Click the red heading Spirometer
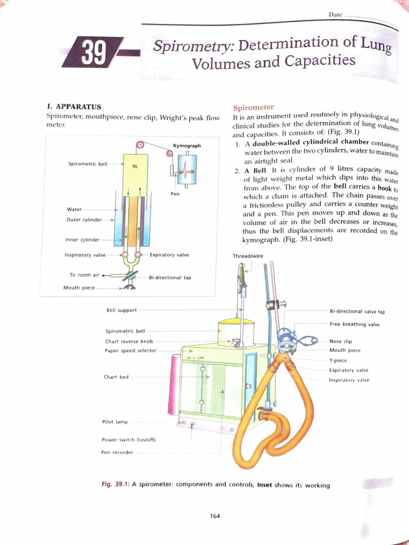[x=253, y=107]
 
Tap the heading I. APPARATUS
[x=71, y=106]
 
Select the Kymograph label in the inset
[x=187, y=145]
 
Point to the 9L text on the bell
[x=135, y=166]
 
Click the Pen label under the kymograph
[x=175, y=194]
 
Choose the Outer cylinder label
[x=84, y=219]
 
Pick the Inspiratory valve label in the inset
[x=85, y=255]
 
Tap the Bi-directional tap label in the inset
[x=170, y=277]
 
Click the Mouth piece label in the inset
[x=79, y=287]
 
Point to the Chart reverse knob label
[x=129, y=341]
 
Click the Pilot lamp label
[x=114, y=422]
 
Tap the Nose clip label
[x=341, y=341]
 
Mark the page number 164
[x=215, y=515]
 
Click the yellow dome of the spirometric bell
[x=235, y=321]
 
